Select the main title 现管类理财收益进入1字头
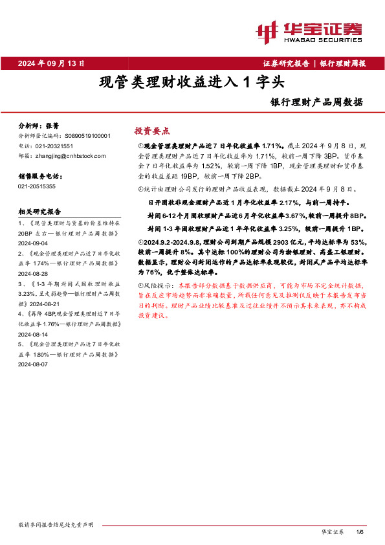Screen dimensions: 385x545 click(192, 83)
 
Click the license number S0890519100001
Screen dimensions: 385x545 click(88, 136)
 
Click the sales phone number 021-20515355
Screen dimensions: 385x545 click(37, 186)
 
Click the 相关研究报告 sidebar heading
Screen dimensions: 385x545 click(40, 212)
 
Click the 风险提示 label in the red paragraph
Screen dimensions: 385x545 click(159, 285)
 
